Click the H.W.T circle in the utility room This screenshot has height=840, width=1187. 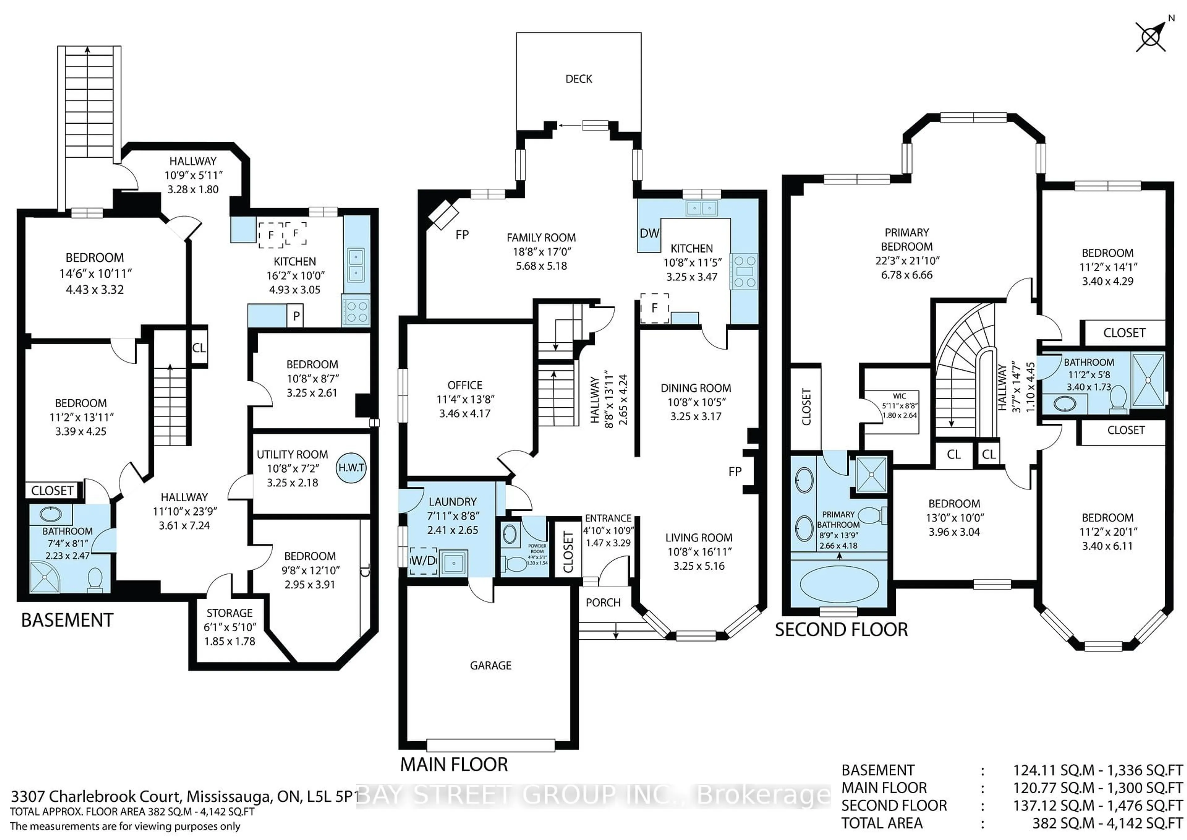(x=351, y=468)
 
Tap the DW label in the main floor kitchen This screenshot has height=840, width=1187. (x=649, y=233)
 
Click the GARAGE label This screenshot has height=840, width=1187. (x=490, y=666)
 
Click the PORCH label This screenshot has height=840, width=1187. (x=603, y=602)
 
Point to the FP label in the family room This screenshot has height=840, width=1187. (x=462, y=235)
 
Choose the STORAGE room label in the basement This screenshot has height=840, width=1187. (x=230, y=613)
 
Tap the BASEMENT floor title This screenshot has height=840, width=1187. (x=67, y=620)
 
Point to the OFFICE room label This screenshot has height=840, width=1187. (x=465, y=385)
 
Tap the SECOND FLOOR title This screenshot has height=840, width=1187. (x=841, y=629)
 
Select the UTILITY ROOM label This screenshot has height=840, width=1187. (x=292, y=454)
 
